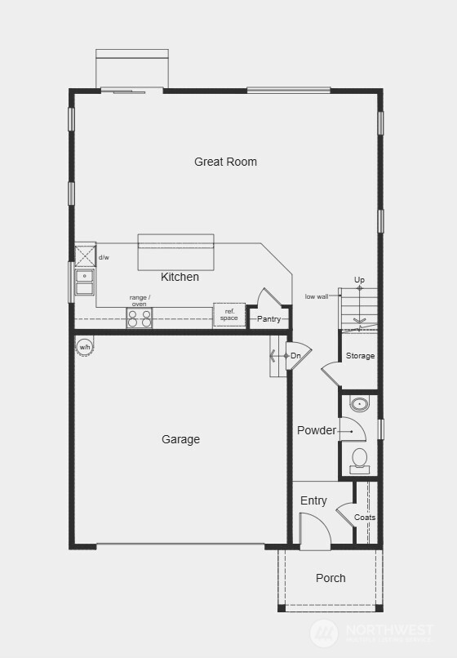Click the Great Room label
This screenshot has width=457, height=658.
point(225,162)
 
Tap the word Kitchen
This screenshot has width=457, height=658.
point(180,277)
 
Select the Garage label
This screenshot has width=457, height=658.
point(180,439)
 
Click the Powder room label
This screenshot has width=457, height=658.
point(317,430)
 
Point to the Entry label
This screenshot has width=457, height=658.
point(313,500)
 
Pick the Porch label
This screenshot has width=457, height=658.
point(331,578)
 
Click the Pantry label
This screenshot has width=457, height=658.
point(268,318)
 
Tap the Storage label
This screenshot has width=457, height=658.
point(360,356)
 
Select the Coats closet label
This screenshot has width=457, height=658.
point(365,518)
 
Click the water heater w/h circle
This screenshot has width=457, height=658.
point(84,348)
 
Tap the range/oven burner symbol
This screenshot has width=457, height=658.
point(140,318)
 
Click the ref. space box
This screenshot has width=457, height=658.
point(229,315)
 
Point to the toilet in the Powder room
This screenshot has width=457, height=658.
point(359,461)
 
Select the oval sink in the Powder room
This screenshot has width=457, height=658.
point(359,403)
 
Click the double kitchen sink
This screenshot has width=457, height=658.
point(84,282)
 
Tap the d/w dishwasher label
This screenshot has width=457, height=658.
point(104,257)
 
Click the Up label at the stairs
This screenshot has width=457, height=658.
point(359,280)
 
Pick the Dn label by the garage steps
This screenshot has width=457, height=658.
point(295,356)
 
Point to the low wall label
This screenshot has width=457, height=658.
point(317,296)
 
